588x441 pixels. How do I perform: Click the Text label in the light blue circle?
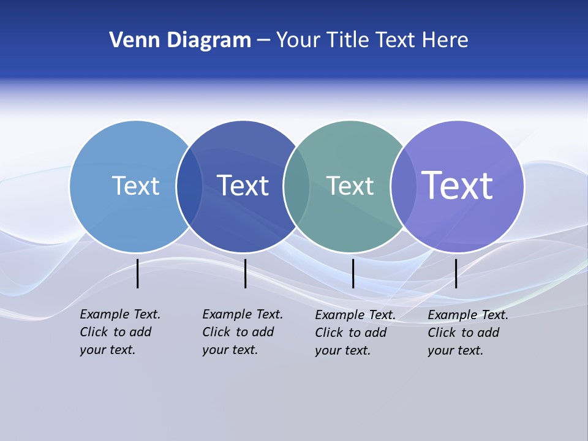[135, 186]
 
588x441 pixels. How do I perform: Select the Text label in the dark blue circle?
[243, 186]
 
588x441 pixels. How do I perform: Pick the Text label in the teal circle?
[350, 186]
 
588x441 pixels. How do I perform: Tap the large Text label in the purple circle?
[457, 185]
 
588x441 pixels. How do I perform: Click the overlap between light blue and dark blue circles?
[189, 186]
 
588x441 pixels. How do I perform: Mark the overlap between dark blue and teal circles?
[296, 186]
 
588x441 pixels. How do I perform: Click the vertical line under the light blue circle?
[138, 273]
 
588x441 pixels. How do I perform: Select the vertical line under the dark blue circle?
[245, 273]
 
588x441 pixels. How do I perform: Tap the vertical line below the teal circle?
[353, 273]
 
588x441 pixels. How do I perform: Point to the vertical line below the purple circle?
[456, 273]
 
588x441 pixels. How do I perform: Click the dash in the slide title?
[263, 41]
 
